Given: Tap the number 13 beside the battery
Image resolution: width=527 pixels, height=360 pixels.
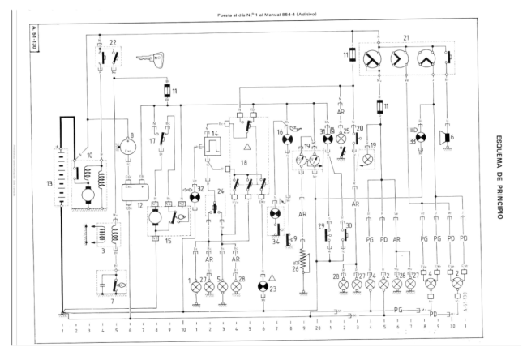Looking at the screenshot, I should point(49,184).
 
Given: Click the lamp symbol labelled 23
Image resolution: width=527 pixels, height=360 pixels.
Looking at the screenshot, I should point(263,287).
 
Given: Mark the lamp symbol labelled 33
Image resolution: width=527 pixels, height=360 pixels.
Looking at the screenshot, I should point(422,138).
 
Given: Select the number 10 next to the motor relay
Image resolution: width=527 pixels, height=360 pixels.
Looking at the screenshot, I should point(90,154).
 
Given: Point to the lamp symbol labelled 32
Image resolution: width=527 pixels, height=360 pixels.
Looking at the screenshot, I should point(195,198).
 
